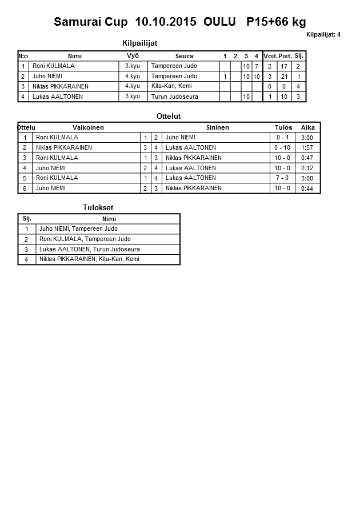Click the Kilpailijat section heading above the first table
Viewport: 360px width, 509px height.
pyautogui.click(x=139, y=43)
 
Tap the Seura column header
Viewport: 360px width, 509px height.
pyautogui.click(x=184, y=56)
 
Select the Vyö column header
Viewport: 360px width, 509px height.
pyautogui.click(x=133, y=55)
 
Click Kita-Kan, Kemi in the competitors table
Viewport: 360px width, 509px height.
pyautogui.click(x=171, y=86)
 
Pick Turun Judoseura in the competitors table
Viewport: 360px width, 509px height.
pyautogui.click(x=174, y=97)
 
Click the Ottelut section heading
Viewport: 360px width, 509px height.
pyautogui.click(x=169, y=116)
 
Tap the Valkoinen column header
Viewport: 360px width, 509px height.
pyautogui.click(x=88, y=127)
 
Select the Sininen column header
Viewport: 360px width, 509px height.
pyautogui.click(x=217, y=127)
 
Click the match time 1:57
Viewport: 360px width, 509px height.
pyautogui.click(x=307, y=148)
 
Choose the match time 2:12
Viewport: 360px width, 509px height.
pyautogui.click(x=307, y=168)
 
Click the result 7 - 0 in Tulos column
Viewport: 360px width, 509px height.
pyautogui.click(x=282, y=178)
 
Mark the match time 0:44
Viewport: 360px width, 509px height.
pyautogui.click(x=307, y=189)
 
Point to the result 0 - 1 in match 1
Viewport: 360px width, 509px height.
pyautogui.click(x=282, y=138)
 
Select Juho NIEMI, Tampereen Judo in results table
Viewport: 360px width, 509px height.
pyautogui.click(x=78, y=229)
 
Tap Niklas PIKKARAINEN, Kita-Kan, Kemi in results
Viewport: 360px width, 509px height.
pyautogui.click(x=89, y=259)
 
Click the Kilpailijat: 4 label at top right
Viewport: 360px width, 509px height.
pyautogui.click(x=323, y=34)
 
